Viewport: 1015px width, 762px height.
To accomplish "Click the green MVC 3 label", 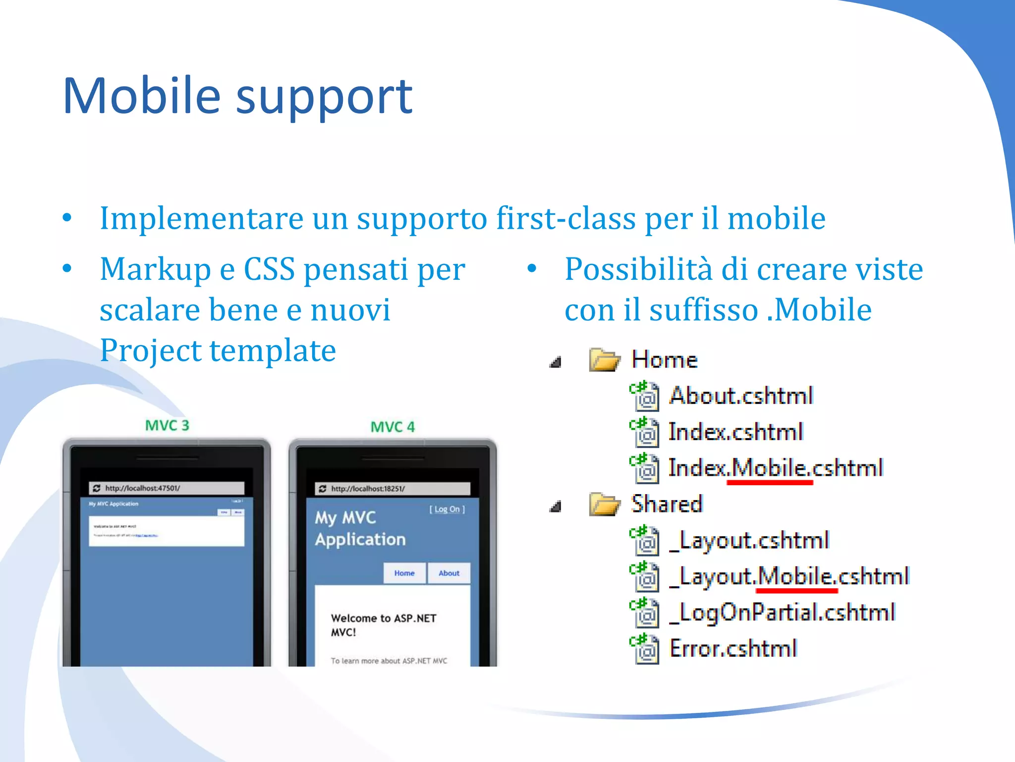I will pyautogui.click(x=167, y=425).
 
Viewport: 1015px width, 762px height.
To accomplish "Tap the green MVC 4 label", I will pyautogui.click(x=393, y=427).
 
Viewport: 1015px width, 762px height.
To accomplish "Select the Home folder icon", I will pyautogui.click(x=604, y=360).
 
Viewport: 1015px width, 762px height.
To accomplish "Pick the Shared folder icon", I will pyautogui.click(x=604, y=504).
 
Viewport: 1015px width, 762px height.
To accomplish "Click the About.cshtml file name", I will pyautogui.click(x=741, y=396).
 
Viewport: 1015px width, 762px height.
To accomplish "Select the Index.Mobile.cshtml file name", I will pyautogui.click(x=776, y=468).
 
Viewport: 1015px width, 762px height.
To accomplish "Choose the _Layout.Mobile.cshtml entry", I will pyautogui.click(x=789, y=576).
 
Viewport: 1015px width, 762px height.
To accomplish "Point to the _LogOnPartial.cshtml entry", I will pyautogui.click(x=782, y=612).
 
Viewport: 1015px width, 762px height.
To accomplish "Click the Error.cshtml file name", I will pyautogui.click(x=733, y=648).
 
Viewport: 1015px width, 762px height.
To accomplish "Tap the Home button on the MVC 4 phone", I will pyautogui.click(x=404, y=573).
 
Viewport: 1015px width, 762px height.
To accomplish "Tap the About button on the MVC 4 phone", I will pyautogui.click(x=449, y=573).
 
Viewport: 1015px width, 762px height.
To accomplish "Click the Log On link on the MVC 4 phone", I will pyautogui.click(x=447, y=509).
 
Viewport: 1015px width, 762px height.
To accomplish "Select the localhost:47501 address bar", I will pyautogui.click(x=167, y=488).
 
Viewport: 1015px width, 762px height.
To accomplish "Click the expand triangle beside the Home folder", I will pyautogui.click(x=556, y=362).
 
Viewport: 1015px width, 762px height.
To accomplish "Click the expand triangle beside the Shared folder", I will pyautogui.click(x=556, y=507).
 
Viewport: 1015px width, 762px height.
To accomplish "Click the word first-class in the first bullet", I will pyautogui.click(x=565, y=218).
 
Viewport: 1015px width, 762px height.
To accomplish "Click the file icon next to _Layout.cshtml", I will pyautogui.click(x=645, y=541).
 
